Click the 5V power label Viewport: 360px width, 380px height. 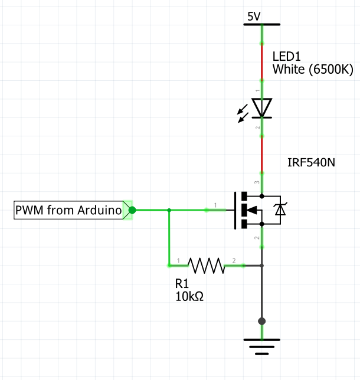pyautogui.click(x=254, y=17)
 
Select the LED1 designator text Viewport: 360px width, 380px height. pyautogui.click(x=287, y=57)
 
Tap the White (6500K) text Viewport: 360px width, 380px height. pyautogui.click(x=312, y=70)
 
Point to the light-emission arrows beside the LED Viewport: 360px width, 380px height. pyautogui.click(x=243, y=114)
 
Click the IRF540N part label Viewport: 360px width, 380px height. pyautogui.click(x=310, y=161)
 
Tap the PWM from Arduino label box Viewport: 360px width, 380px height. pyautogui.click(x=68, y=209)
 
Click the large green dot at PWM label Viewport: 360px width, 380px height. pyautogui.click(x=132, y=209)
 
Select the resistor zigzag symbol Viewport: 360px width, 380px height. pyautogui.click(x=206, y=266)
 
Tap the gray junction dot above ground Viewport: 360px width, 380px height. pyautogui.click(x=262, y=321)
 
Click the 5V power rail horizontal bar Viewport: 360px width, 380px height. pyautogui.click(x=262, y=25)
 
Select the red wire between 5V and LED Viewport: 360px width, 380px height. pyautogui.click(x=262, y=62)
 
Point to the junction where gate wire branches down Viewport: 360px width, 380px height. pyautogui.click(x=169, y=209)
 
